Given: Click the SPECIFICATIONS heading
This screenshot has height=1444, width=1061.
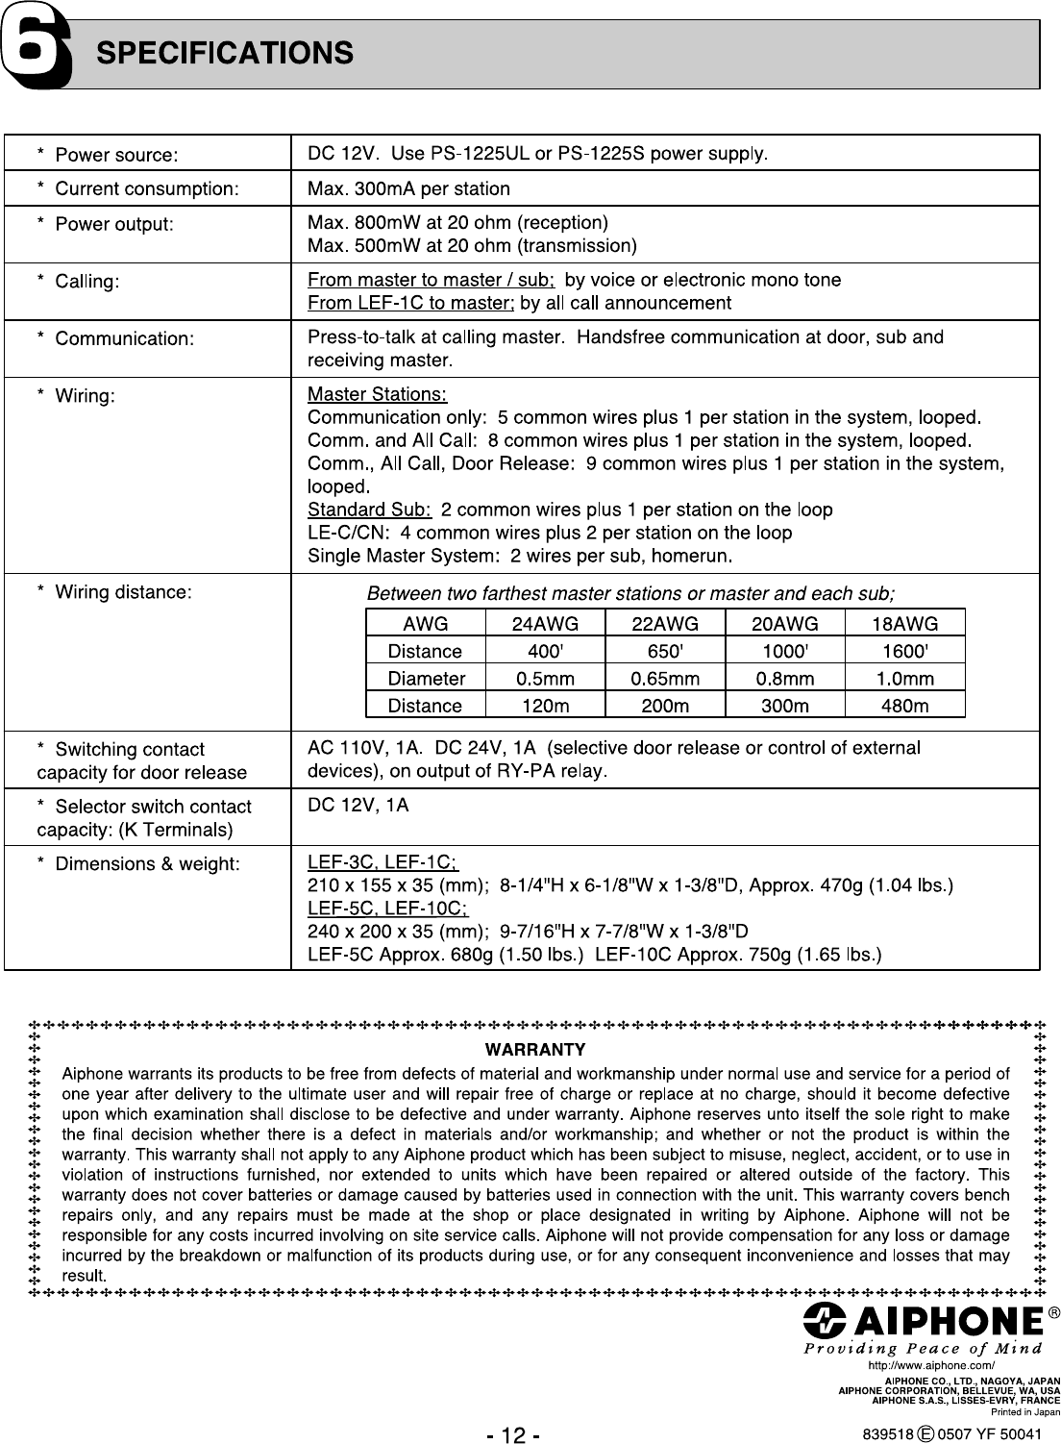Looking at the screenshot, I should point(225,53).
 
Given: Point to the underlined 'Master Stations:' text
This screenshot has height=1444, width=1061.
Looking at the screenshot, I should point(377,395).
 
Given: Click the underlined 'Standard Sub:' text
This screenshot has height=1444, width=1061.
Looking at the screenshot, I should point(369,510).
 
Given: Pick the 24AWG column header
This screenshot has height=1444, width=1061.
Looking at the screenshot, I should point(545,624).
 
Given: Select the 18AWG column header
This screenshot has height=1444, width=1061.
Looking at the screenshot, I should point(904,624).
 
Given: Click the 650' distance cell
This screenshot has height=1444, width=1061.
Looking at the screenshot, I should point(665,651).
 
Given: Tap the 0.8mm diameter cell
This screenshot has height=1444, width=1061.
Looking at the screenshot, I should point(784,679).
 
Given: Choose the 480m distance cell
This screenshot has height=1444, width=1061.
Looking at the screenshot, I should point(904,707).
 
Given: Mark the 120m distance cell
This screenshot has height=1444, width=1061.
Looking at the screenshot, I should point(545,707).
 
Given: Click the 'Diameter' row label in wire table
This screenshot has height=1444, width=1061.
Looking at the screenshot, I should point(426,679).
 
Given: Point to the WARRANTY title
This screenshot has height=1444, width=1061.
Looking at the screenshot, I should point(535,1049).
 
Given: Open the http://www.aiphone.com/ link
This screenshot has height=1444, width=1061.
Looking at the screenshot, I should point(930,1365).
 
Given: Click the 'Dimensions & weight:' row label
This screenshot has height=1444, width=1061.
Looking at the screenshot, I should point(147,864).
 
